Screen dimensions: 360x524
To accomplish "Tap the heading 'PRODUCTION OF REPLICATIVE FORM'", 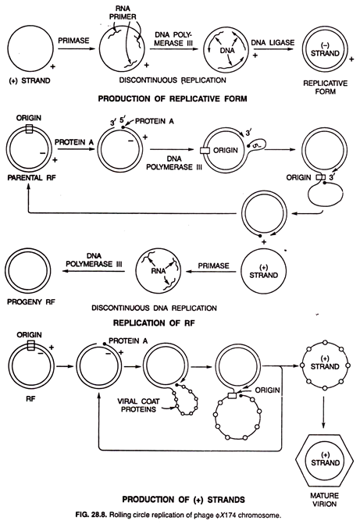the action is pos(172,99).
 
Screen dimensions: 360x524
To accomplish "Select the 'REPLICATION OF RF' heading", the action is pos(154,323).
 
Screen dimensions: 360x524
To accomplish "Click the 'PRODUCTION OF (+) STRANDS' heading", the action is pos(184,500).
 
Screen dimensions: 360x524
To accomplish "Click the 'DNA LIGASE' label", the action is pos(273,43).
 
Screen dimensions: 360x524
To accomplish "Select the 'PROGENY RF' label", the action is pos(31,301).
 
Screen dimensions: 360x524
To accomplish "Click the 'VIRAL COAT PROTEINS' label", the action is pos(138,405).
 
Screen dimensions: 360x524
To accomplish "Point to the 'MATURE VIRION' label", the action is pos(324,500).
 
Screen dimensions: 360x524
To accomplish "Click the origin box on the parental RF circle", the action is pos(29,129).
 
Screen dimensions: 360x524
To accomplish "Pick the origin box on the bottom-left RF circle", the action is pos(30,345).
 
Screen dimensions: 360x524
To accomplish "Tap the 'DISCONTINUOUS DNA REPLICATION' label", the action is pos(154,308).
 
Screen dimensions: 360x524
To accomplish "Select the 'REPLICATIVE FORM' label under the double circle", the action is pos(325,87).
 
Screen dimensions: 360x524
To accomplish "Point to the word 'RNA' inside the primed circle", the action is pos(158,271).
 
